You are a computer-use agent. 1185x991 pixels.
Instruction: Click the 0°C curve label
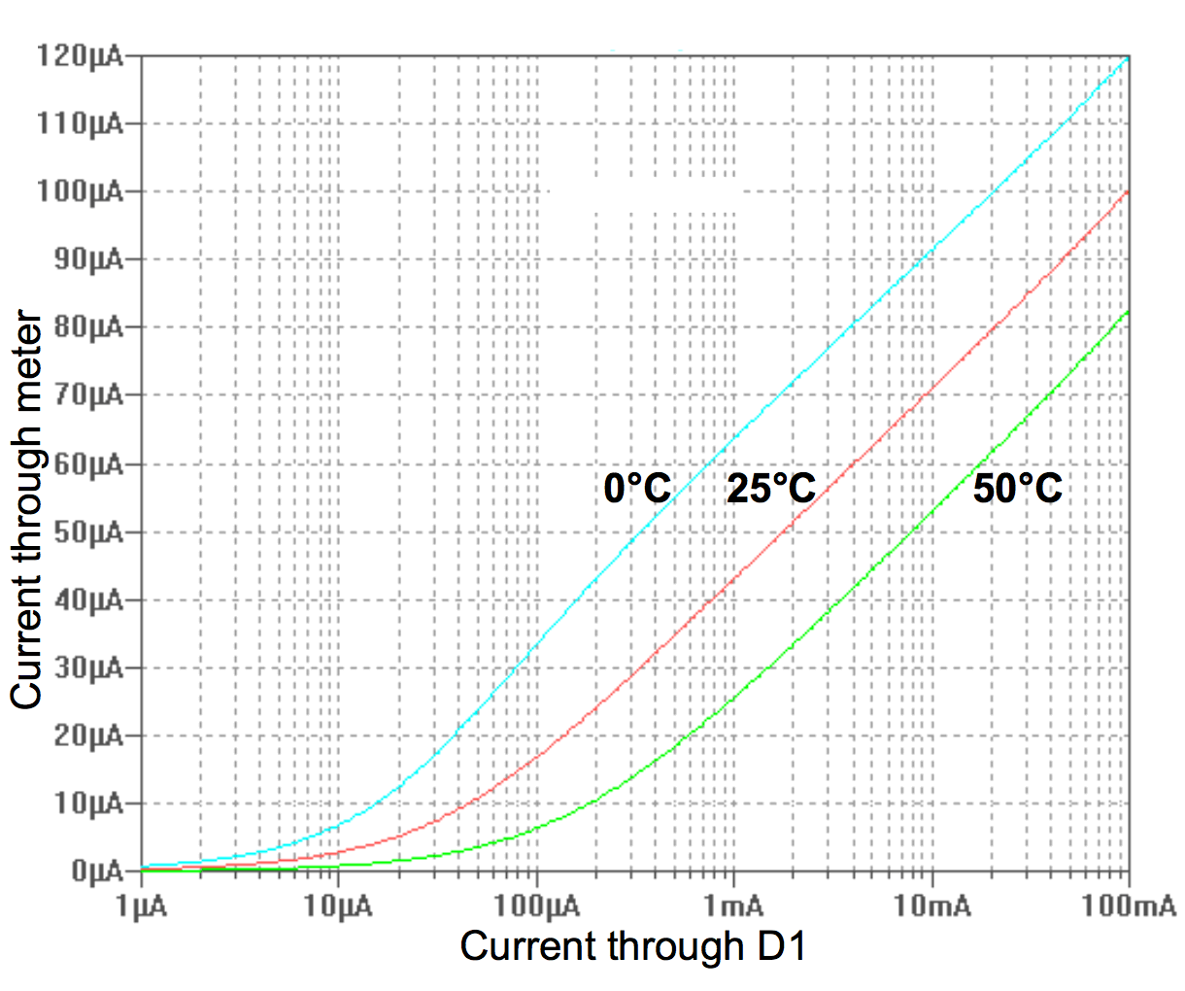pyautogui.click(x=637, y=487)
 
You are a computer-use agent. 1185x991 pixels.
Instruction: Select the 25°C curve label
pyautogui.click(x=771, y=487)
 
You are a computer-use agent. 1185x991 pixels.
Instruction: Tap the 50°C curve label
pyautogui.click(x=1018, y=487)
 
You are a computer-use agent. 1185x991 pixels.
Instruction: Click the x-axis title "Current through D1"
pyautogui.click(x=633, y=945)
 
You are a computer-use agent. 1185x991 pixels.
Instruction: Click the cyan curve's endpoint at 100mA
pyautogui.click(x=1128, y=58)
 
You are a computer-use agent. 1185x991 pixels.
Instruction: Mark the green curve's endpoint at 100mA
pyautogui.click(x=1128, y=311)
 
